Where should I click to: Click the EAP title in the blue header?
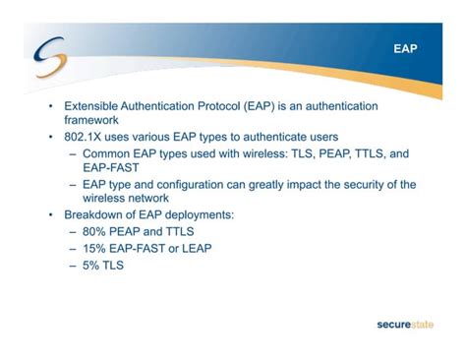coord(405,46)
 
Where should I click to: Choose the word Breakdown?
coord(99,213)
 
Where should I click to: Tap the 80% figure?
coord(96,231)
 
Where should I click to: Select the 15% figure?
coord(96,247)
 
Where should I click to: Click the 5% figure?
coord(92,263)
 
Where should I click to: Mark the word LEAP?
coord(192,247)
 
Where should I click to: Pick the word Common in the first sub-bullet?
coord(108,153)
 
